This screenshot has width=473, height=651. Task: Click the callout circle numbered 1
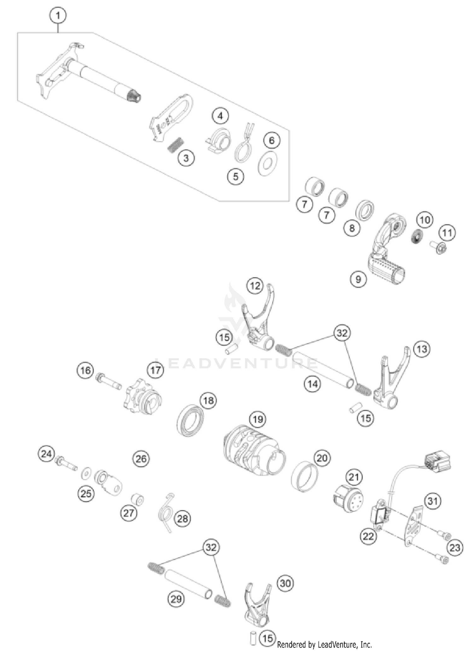[58, 15]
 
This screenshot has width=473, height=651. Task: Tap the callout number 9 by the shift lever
[358, 279]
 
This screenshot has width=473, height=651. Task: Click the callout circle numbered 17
[155, 370]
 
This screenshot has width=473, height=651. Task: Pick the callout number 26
[141, 458]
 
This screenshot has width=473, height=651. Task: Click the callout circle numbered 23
[455, 548]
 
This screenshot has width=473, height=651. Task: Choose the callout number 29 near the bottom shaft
[176, 599]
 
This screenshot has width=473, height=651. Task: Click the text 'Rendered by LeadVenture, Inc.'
[324, 645]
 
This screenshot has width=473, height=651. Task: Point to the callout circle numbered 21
[354, 477]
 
